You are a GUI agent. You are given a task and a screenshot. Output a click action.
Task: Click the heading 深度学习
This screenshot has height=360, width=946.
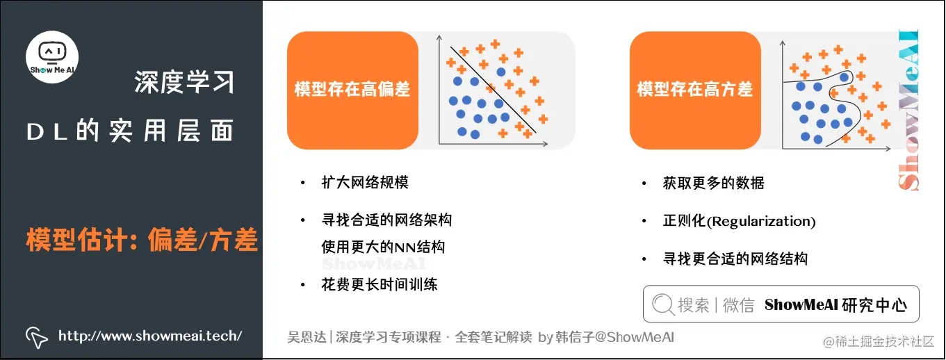(184, 83)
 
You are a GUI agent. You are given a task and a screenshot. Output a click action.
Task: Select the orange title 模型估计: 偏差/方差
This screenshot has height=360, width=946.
(142, 240)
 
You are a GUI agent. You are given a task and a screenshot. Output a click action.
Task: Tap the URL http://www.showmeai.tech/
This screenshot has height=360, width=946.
(150, 336)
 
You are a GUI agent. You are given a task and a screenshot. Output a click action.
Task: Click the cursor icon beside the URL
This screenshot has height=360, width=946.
(37, 336)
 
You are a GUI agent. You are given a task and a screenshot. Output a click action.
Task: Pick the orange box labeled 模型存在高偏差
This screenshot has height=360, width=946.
(352, 90)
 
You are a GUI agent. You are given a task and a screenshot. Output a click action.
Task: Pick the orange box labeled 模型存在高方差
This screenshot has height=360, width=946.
(695, 90)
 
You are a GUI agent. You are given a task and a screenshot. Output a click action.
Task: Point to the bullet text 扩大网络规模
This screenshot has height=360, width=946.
(365, 183)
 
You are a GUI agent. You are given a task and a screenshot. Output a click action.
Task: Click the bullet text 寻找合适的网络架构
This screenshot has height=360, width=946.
(386, 220)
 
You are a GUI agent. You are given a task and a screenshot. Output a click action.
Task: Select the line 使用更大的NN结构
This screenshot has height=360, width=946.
(383, 247)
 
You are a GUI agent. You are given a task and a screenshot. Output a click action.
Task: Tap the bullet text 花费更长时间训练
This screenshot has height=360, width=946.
(380, 284)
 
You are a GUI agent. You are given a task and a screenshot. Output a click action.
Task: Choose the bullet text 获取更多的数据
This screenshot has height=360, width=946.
(714, 183)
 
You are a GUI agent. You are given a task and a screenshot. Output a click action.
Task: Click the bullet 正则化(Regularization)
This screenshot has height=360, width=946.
(739, 221)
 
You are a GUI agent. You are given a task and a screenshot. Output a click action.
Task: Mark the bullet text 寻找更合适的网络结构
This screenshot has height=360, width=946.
(735, 259)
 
